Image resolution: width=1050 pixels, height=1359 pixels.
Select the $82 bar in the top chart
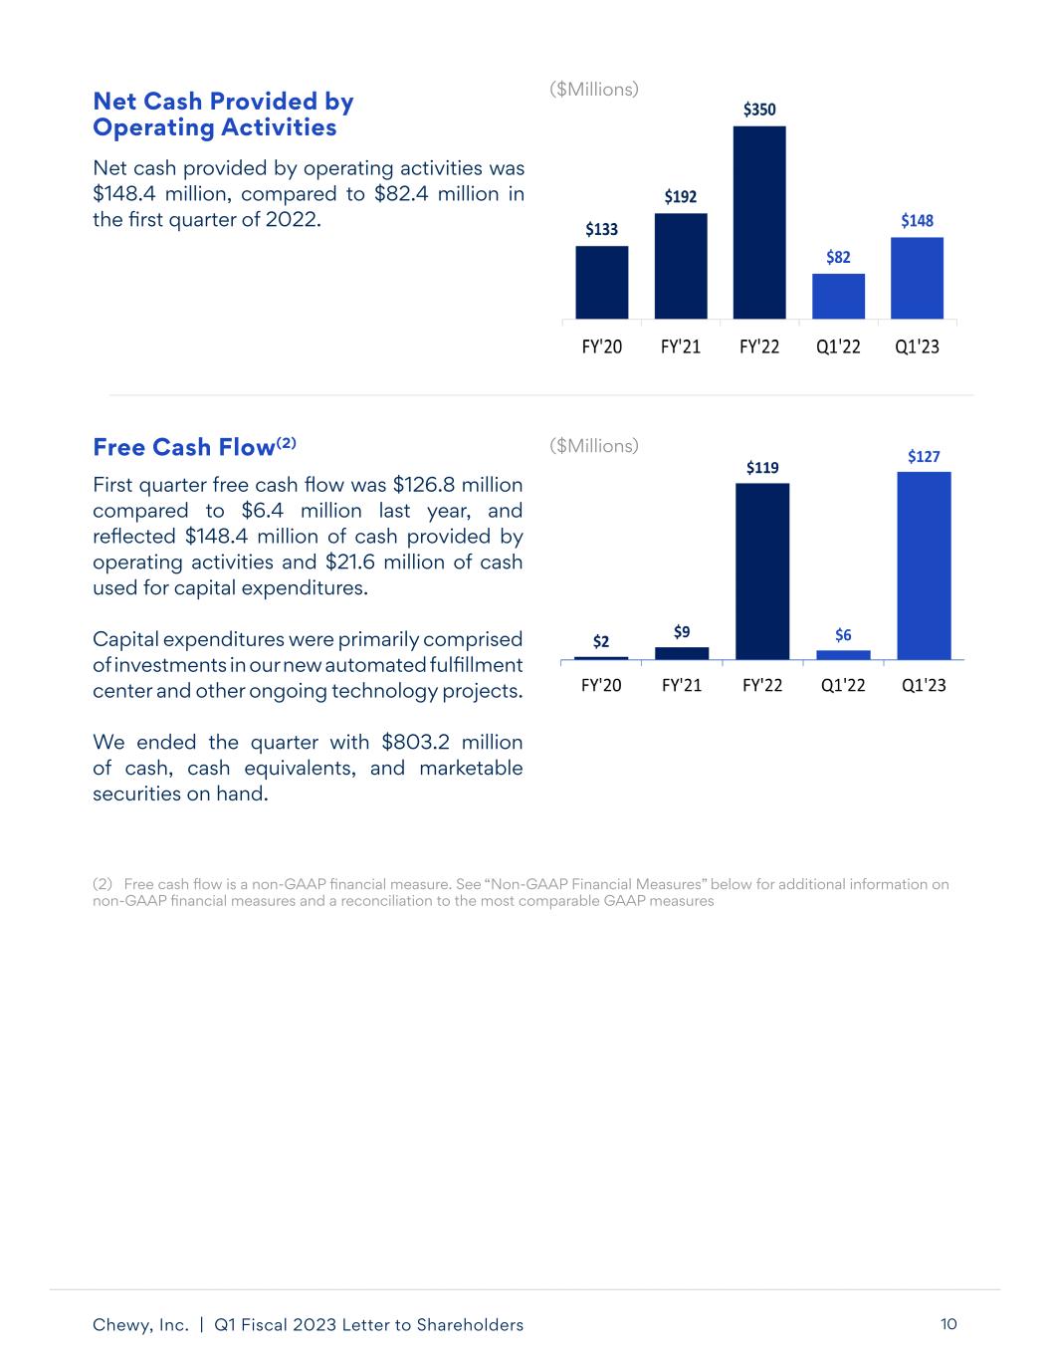[838, 296]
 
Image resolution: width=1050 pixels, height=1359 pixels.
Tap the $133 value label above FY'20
[601, 230]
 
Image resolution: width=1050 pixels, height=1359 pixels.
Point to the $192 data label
[681, 197]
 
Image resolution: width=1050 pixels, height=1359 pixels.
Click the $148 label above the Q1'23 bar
[917, 221]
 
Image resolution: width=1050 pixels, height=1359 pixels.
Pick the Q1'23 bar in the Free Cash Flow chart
[924, 565]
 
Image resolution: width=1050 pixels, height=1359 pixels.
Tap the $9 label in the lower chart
[682, 631]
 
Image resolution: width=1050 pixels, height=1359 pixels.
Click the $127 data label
[924, 456]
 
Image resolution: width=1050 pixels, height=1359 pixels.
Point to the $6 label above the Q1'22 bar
[843, 635]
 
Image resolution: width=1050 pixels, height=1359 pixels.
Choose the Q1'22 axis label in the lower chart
[843, 685]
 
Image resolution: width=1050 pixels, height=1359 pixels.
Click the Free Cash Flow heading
[183, 447]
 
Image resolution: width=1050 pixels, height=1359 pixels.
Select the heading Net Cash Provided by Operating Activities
[223, 114]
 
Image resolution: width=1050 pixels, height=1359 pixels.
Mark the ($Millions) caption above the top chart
[594, 90]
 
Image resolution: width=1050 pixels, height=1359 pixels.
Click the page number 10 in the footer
[947, 1324]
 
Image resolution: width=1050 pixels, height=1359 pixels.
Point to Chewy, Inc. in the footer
[140, 1325]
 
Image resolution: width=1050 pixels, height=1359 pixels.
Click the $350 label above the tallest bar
[759, 110]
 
